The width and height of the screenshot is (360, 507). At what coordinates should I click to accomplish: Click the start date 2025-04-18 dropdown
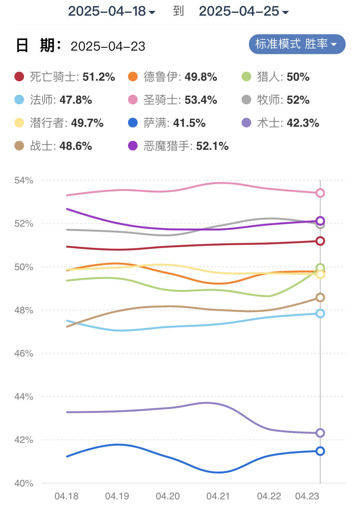[111, 12]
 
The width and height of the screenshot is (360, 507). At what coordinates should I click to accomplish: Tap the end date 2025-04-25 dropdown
[244, 12]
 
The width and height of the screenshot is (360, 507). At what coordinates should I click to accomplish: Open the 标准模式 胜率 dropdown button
[297, 44]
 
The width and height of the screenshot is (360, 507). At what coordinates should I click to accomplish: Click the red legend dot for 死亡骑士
[19, 77]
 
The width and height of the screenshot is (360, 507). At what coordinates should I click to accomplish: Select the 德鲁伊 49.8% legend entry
[180, 77]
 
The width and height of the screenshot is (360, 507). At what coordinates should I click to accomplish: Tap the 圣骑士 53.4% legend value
[201, 100]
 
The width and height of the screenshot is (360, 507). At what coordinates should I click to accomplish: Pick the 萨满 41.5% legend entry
[174, 123]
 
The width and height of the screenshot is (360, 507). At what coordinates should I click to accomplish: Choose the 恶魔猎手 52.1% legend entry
[186, 146]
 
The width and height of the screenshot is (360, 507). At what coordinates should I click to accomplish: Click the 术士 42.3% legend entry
[288, 123]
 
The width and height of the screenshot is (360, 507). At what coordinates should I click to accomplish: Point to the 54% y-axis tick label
[24, 180]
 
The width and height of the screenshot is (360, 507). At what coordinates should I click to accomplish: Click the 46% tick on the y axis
[24, 353]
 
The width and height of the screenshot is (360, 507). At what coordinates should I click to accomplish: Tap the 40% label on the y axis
[24, 483]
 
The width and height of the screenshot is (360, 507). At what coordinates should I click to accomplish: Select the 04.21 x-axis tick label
[218, 496]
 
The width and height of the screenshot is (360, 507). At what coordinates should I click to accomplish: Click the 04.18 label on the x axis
[67, 496]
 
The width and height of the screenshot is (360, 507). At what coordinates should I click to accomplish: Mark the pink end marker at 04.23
[320, 193]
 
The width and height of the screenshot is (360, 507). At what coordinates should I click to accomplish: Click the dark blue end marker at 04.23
[320, 451]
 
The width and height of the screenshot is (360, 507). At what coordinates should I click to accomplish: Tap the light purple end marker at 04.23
[320, 433]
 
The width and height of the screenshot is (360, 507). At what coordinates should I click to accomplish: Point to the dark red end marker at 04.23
[320, 241]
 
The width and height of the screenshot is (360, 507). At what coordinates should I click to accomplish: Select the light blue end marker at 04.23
[320, 313]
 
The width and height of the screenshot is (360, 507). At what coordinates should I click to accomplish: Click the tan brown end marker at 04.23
[320, 298]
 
